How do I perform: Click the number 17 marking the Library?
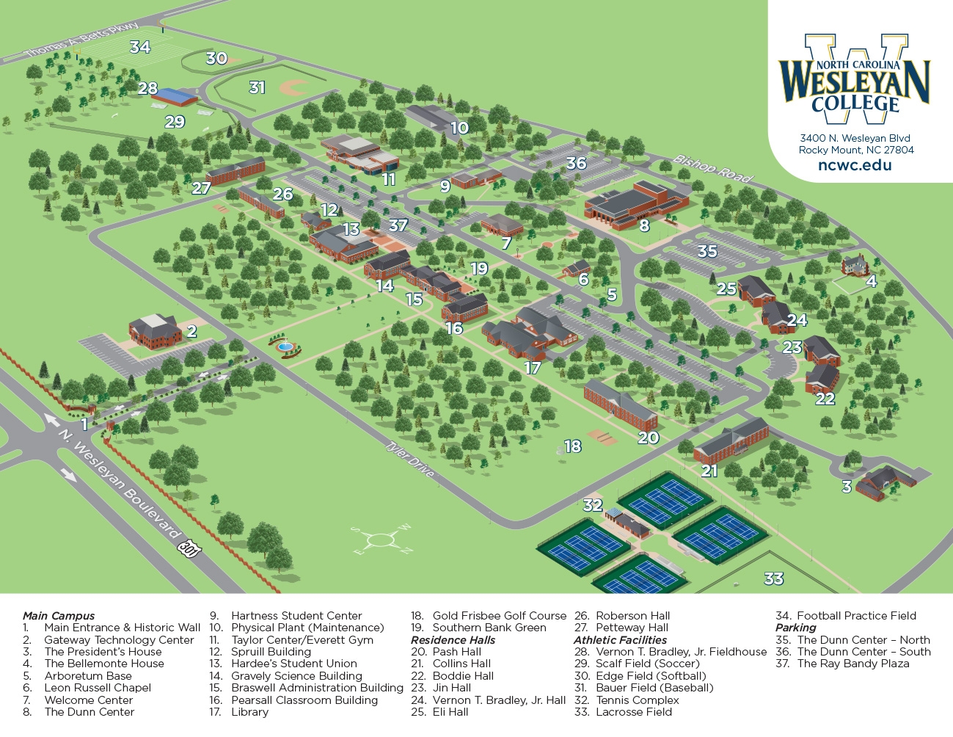tap(532, 368)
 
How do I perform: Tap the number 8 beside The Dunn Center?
tap(644, 226)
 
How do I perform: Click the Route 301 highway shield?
tap(189, 548)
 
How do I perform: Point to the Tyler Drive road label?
tap(410, 459)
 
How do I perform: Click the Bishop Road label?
tap(713, 169)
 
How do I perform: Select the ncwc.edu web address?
tap(855, 165)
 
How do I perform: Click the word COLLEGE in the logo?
tap(855, 104)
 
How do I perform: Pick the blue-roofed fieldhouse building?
tap(175, 96)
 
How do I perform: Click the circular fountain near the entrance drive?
tap(285, 345)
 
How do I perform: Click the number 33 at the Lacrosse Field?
tap(773, 579)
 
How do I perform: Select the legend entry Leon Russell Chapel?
tap(98, 688)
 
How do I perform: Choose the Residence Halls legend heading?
tap(453, 640)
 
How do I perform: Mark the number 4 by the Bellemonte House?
tap(871, 281)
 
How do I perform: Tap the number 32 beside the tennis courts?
tap(592, 505)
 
